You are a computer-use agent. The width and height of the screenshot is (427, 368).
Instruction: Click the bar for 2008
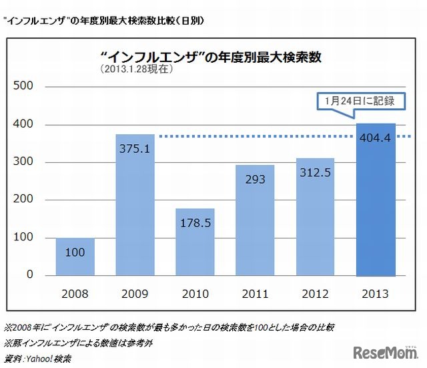click(75, 256)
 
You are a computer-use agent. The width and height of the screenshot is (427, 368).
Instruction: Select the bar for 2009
click(135, 204)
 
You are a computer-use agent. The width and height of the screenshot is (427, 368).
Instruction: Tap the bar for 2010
click(195, 242)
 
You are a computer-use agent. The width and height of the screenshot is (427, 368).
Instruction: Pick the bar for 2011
click(255, 220)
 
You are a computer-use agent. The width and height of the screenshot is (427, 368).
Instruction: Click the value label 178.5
click(195, 223)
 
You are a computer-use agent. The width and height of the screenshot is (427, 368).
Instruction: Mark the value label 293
click(255, 179)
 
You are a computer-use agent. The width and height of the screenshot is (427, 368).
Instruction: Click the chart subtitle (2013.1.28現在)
click(131, 69)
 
